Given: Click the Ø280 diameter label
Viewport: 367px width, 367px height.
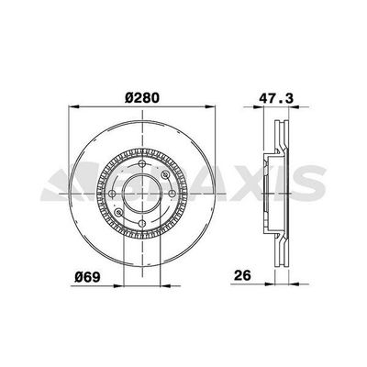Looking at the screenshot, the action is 142,98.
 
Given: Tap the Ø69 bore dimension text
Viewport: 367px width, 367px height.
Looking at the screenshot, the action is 87,276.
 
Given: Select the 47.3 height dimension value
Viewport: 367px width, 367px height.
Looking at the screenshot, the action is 276,98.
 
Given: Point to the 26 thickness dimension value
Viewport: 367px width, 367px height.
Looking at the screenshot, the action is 242,275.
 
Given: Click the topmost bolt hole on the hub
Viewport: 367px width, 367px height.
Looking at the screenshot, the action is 142,163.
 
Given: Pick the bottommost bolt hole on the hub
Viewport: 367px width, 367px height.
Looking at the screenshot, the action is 142,223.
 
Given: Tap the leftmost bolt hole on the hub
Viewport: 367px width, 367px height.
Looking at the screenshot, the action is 112,194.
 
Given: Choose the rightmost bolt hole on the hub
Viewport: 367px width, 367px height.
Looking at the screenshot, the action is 172,194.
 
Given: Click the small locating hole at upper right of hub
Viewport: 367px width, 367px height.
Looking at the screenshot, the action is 166,175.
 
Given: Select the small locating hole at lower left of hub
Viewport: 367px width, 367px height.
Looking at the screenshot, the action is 118,212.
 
